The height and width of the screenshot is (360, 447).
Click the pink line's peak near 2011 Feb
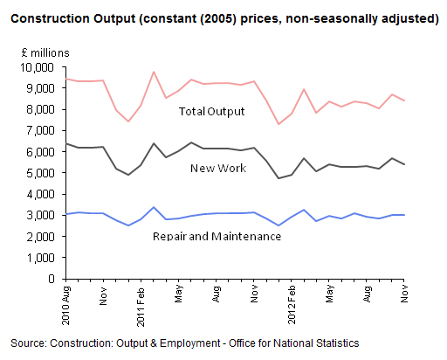154,72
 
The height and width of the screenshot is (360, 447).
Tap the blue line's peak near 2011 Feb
154,207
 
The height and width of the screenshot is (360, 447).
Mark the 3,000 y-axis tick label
40,215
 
